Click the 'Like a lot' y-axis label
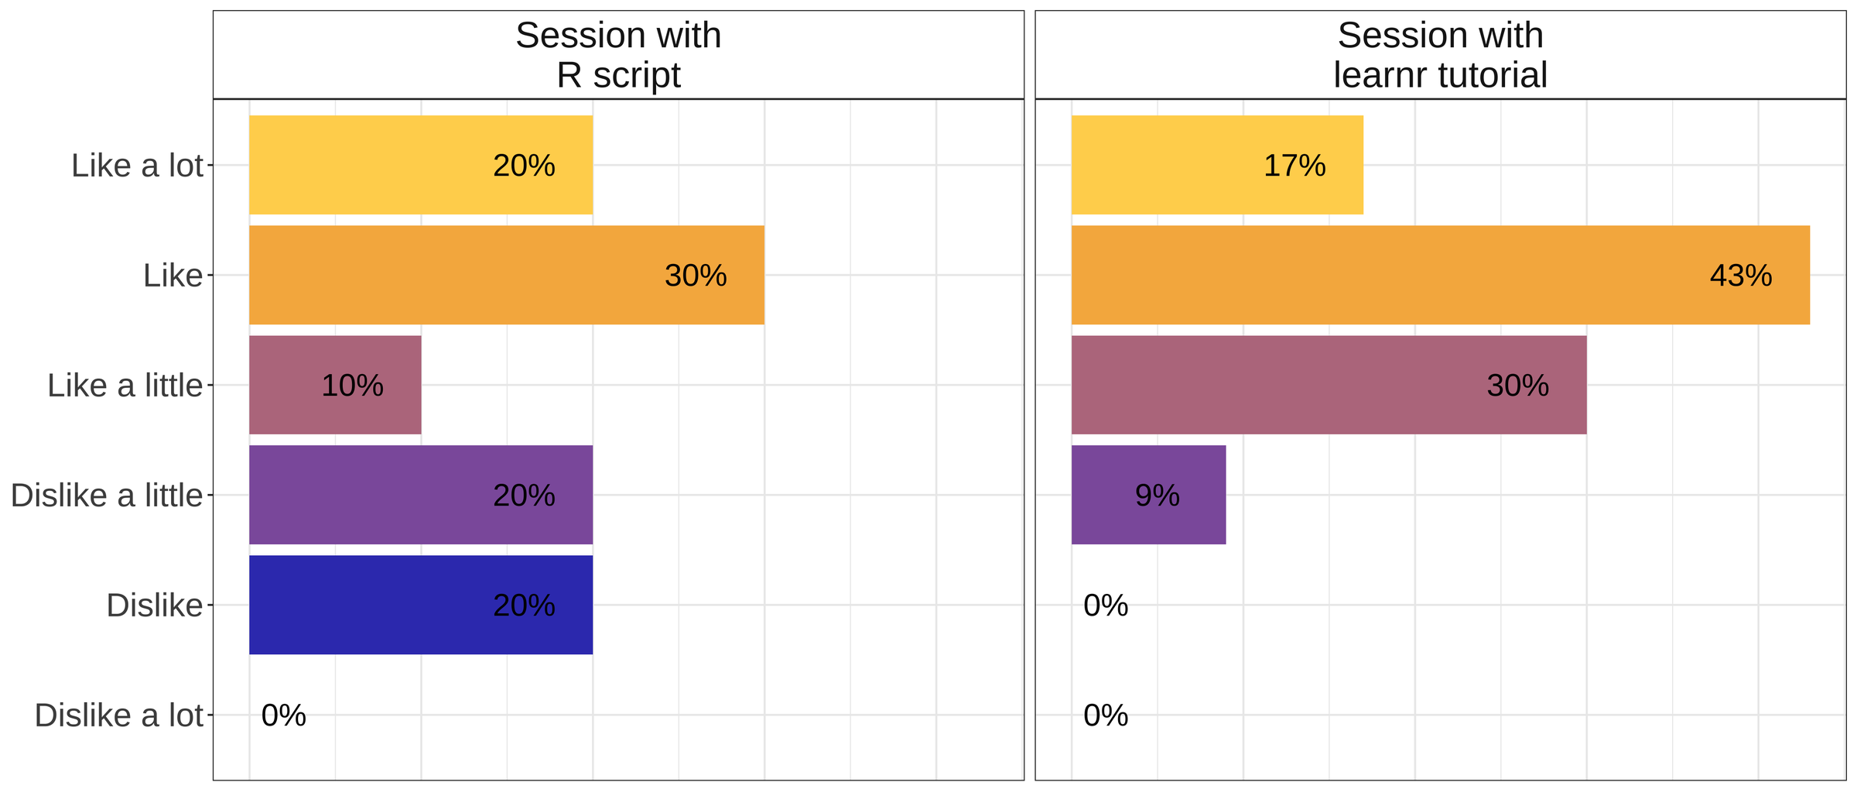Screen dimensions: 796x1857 click(137, 166)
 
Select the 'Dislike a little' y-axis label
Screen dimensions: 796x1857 click(106, 496)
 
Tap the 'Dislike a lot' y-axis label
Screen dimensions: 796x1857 click(118, 715)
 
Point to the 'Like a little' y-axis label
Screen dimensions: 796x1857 click(125, 386)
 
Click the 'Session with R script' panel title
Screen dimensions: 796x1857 click(618, 55)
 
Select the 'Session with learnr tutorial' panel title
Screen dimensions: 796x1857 click(1440, 55)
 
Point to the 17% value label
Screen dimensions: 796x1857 click(1294, 166)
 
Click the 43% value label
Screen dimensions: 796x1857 click(1741, 276)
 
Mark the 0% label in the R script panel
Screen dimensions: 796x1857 click(284, 715)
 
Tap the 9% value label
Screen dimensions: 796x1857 click(1158, 496)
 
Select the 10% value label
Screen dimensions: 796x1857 click(352, 386)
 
